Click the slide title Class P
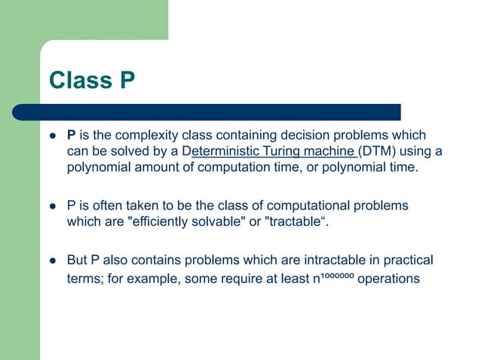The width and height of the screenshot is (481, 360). tap(91, 80)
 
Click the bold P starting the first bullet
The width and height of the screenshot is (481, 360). tap(72, 136)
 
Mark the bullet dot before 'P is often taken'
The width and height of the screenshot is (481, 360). tap(53, 206)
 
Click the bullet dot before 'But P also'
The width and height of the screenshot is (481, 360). tap(53, 261)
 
